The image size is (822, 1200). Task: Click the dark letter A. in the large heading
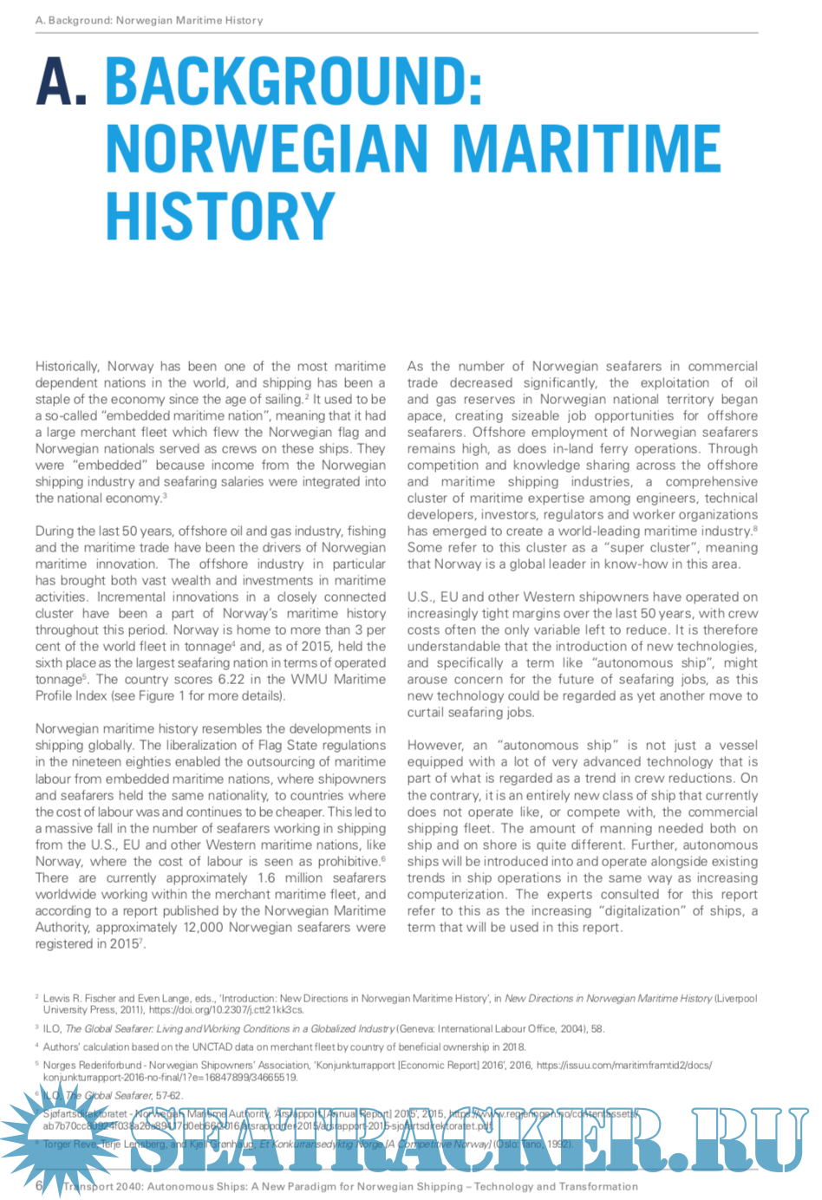(62, 83)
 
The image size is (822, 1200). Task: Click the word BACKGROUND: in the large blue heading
(293, 83)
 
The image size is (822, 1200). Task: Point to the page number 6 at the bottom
(39, 1185)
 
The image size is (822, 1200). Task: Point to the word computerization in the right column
(457, 894)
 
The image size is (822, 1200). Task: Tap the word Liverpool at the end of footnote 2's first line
(735, 998)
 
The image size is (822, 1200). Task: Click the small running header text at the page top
(149, 20)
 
